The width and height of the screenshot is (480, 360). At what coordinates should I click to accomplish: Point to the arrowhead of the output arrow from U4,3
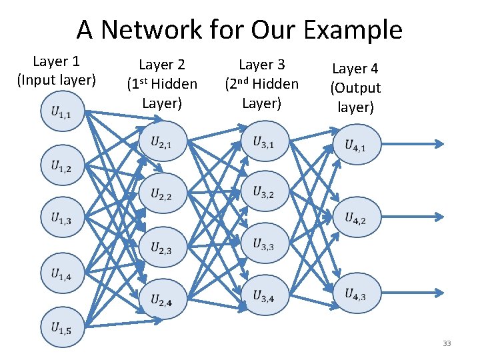[x=440, y=292]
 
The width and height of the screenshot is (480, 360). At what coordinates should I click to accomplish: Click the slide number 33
[x=447, y=343]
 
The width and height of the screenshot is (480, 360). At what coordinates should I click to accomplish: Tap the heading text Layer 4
[x=356, y=69]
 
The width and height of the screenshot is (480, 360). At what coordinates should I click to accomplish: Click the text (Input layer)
[x=57, y=81]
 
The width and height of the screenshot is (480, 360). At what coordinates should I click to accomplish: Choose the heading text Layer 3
[x=261, y=65]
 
